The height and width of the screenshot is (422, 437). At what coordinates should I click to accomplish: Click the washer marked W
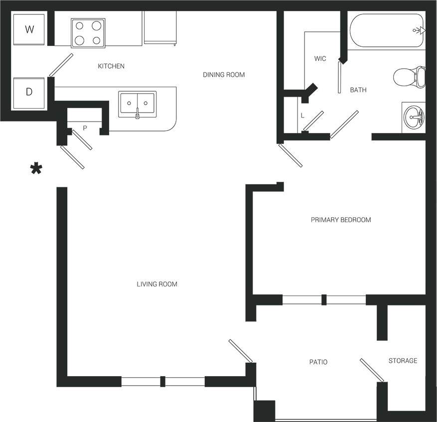click(29, 29)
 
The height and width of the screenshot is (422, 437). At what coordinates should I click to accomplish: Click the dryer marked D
click(29, 92)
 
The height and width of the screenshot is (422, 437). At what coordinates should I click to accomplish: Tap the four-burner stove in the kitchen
click(88, 32)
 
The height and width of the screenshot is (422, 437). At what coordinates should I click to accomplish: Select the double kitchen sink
click(137, 104)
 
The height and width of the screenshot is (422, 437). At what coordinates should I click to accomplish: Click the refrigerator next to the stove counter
click(160, 27)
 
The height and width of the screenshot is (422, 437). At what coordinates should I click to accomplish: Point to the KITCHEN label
click(111, 66)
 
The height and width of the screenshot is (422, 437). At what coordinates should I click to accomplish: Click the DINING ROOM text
click(224, 75)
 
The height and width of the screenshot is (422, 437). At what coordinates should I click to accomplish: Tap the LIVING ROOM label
click(157, 284)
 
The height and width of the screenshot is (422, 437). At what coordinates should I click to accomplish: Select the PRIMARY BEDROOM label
click(341, 220)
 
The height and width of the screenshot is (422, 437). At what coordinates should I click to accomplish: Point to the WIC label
click(320, 59)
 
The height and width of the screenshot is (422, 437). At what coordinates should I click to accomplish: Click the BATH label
click(358, 90)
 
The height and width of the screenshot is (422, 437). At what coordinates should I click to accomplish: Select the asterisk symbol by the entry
click(36, 169)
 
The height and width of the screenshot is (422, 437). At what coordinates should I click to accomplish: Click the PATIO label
click(318, 362)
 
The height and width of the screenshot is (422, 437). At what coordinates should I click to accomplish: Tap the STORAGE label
click(403, 361)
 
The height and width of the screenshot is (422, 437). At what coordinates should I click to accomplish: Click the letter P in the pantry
click(85, 128)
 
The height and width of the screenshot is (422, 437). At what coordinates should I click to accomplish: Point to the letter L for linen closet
click(302, 116)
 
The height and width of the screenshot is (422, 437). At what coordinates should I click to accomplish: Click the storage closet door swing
click(372, 371)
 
